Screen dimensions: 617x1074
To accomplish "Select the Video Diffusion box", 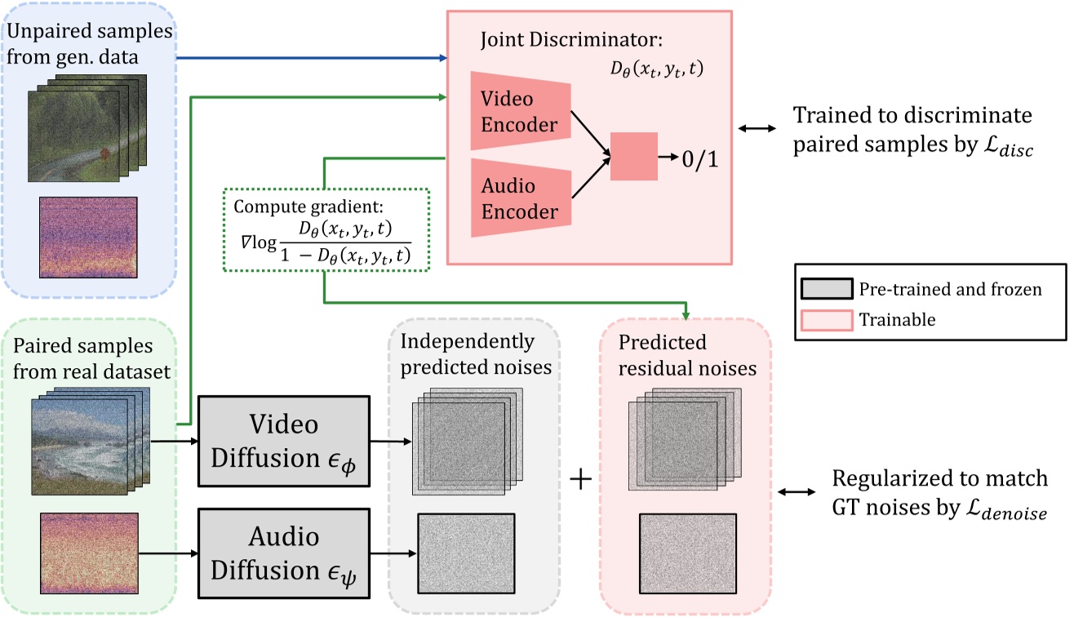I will [x=283, y=442].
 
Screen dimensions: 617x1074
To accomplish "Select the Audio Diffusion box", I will [x=283, y=545].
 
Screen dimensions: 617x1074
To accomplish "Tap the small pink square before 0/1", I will [x=633, y=156].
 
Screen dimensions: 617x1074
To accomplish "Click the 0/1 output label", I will [x=702, y=157].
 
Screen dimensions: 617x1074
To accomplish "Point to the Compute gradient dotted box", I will [x=325, y=230].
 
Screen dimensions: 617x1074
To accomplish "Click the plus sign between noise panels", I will [x=579, y=480].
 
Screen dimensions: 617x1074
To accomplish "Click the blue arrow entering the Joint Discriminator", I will [x=310, y=58].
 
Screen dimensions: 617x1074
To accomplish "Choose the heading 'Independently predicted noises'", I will [x=473, y=353].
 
